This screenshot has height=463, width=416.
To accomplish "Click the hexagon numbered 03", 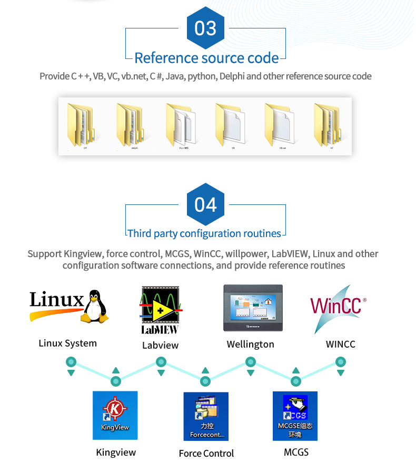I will click(x=205, y=27).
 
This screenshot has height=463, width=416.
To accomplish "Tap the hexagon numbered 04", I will click(x=205, y=204).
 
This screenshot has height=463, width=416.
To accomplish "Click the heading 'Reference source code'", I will click(x=206, y=57).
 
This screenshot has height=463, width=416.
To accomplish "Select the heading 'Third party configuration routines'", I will click(x=205, y=233).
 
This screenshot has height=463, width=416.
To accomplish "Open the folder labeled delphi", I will click(x=130, y=125).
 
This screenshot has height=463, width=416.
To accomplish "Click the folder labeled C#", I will click(x=81, y=125).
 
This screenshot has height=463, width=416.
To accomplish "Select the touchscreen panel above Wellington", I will click(x=253, y=308).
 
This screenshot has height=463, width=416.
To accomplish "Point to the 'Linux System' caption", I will click(x=68, y=343).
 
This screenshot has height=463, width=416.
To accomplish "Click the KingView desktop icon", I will click(x=115, y=415).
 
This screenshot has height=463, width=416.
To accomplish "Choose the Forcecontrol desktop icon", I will click(x=206, y=416).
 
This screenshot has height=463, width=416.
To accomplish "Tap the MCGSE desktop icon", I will click(x=295, y=416).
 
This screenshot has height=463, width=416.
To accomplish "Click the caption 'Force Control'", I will click(x=206, y=453).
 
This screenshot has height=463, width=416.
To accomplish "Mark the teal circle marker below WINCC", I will click(x=341, y=362).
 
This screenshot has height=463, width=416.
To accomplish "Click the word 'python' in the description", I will click(x=202, y=76).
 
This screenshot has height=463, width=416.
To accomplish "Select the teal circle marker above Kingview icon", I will click(x=116, y=381).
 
